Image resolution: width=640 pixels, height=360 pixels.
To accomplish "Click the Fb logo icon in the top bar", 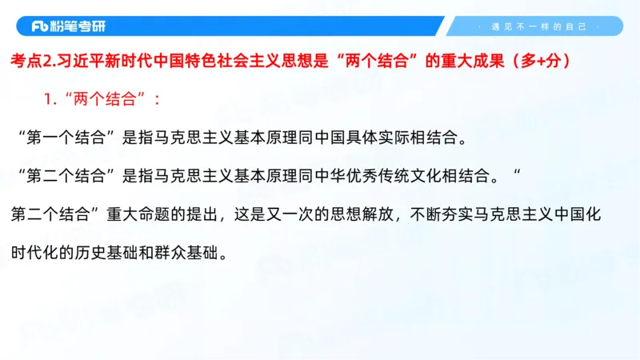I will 41,26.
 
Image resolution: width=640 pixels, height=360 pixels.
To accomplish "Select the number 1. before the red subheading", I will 50,100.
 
